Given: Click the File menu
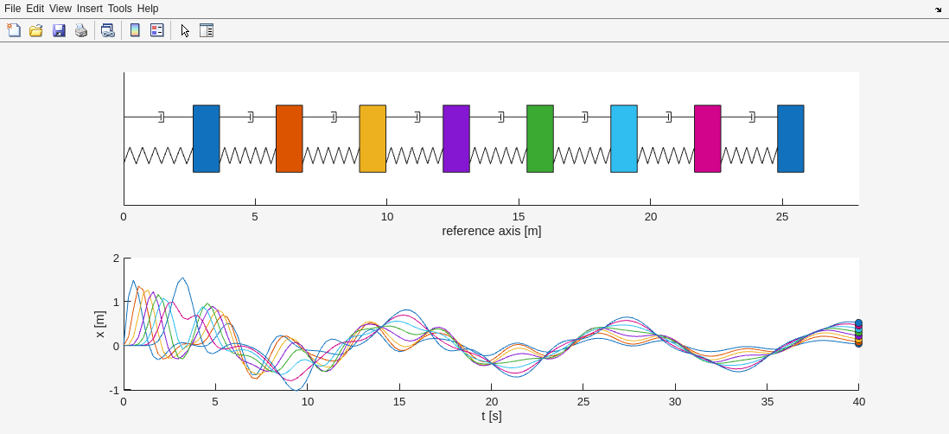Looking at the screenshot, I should click(x=12, y=9).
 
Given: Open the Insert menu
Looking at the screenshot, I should click(x=89, y=9).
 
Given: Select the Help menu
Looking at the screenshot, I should click(x=148, y=9).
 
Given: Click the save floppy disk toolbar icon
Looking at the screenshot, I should click(x=59, y=30).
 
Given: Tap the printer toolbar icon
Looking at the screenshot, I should click(x=81, y=30).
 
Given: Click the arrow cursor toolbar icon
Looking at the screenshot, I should click(x=185, y=30).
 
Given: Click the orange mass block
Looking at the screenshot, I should click(x=290, y=138).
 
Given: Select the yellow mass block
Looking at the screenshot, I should click(x=373, y=138).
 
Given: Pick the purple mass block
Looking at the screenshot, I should click(x=456, y=138).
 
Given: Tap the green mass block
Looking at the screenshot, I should click(x=540, y=138).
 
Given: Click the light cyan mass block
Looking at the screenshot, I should click(x=624, y=138).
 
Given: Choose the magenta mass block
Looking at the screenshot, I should click(x=708, y=138).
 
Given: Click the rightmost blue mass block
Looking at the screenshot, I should click(x=791, y=138).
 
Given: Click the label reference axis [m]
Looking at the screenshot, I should click(x=491, y=231).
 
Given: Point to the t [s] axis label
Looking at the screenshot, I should click(x=491, y=416).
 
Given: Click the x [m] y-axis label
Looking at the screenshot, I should click(x=99, y=324).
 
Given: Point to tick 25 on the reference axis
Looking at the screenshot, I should click(x=782, y=217).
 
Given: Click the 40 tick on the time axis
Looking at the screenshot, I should click(x=858, y=402).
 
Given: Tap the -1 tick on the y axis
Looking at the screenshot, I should click(x=114, y=390).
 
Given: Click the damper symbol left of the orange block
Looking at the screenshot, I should click(x=251, y=117).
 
